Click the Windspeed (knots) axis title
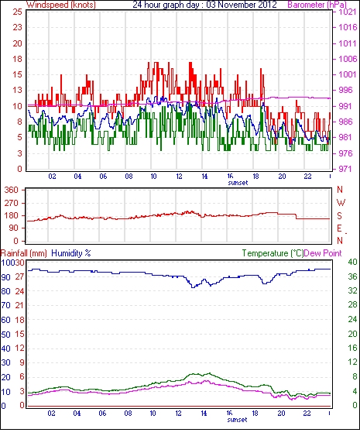(61, 5)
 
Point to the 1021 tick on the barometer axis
(347, 12)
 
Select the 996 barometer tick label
(346, 90)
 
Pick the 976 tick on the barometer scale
(346, 153)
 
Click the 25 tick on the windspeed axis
(17, 12)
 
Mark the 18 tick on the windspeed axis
(17, 59)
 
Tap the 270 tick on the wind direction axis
(12, 203)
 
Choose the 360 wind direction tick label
(12, 191)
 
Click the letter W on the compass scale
(341, 203)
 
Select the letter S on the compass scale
(339, 216)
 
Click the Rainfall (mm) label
(24, 253)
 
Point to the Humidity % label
(71, 253)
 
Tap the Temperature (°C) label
(273, 253)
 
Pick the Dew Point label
(323, 253)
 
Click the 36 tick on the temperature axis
(352, 276)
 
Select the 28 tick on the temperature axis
(352, 305)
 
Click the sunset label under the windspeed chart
(238, 183)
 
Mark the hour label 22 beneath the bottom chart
(307, 414)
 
